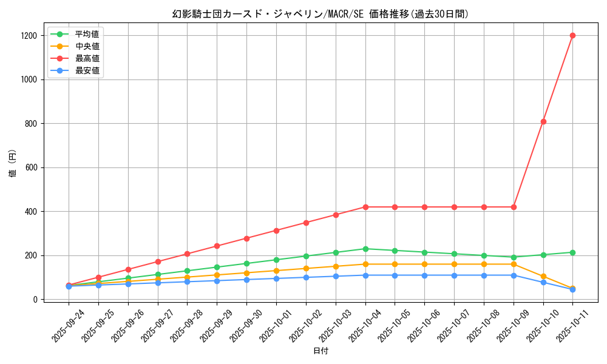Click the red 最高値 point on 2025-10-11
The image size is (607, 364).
click(572, 35)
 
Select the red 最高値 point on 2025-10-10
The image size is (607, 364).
click(543, 121)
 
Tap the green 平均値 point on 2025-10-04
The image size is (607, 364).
click(365, 249)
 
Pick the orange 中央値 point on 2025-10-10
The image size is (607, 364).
click(543, 276)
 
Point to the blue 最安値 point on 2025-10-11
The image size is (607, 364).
click(572, 289)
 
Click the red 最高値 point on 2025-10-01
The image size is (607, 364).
click(276, 231)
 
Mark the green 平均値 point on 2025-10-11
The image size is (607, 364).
click(572, 252)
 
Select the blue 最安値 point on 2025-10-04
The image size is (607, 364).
click(365, 275)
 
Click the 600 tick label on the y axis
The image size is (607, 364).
click(31, 167)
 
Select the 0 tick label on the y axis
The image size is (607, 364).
click(37, 300)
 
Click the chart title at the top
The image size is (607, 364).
click(303, 13)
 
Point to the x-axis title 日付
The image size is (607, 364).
click(320, 351)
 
